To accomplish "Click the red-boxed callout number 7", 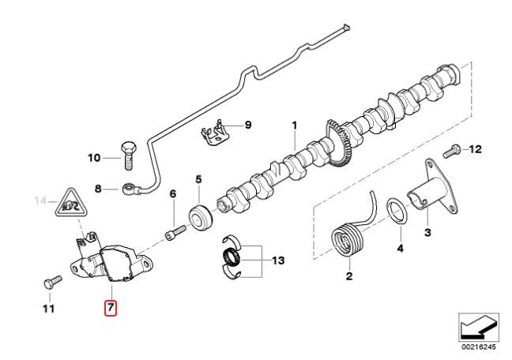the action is coord(110,308).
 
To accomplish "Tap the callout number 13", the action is coord(279,261).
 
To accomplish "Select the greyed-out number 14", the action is coord(41,201).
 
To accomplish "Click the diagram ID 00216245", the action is coord(478,347).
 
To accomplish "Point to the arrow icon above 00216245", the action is coord(479,327).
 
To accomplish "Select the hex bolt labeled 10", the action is coord(129,156).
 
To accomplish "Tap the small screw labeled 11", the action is coord(53,283).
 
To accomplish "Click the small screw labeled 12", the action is coord(452,151).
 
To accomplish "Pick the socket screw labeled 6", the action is coord(175,232).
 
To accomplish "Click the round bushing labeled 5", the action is coord(201,218).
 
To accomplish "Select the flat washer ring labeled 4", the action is coord(397,212).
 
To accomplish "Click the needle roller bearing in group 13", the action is coord(232,255).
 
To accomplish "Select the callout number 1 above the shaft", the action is coord(295,126).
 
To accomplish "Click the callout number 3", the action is coord(427,233).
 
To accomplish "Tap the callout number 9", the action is coord(248,125).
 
